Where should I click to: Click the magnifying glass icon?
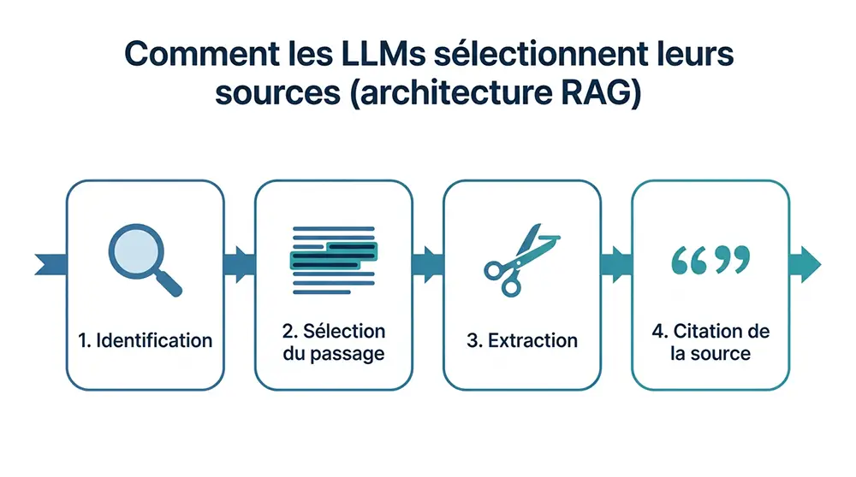pyautogui.click(x=144, y=259)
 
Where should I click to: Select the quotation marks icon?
pyautogui.click(x=710, y=261)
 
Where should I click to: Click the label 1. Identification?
pyautogui.click(x=146, y=340)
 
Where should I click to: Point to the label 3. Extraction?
pyautogui.click(x=522, y=340)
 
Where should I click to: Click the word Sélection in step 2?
pyautogui.click(x=344, y=331)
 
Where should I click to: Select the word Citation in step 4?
pyautogui.click(x=721, y=331)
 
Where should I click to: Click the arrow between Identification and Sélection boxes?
pyautogui.click(x=240, y=263)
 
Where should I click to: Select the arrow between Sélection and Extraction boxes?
pyautogui.click(x=428, y=263)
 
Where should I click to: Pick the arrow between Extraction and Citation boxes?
pyautogui.click(x=616, y=263)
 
